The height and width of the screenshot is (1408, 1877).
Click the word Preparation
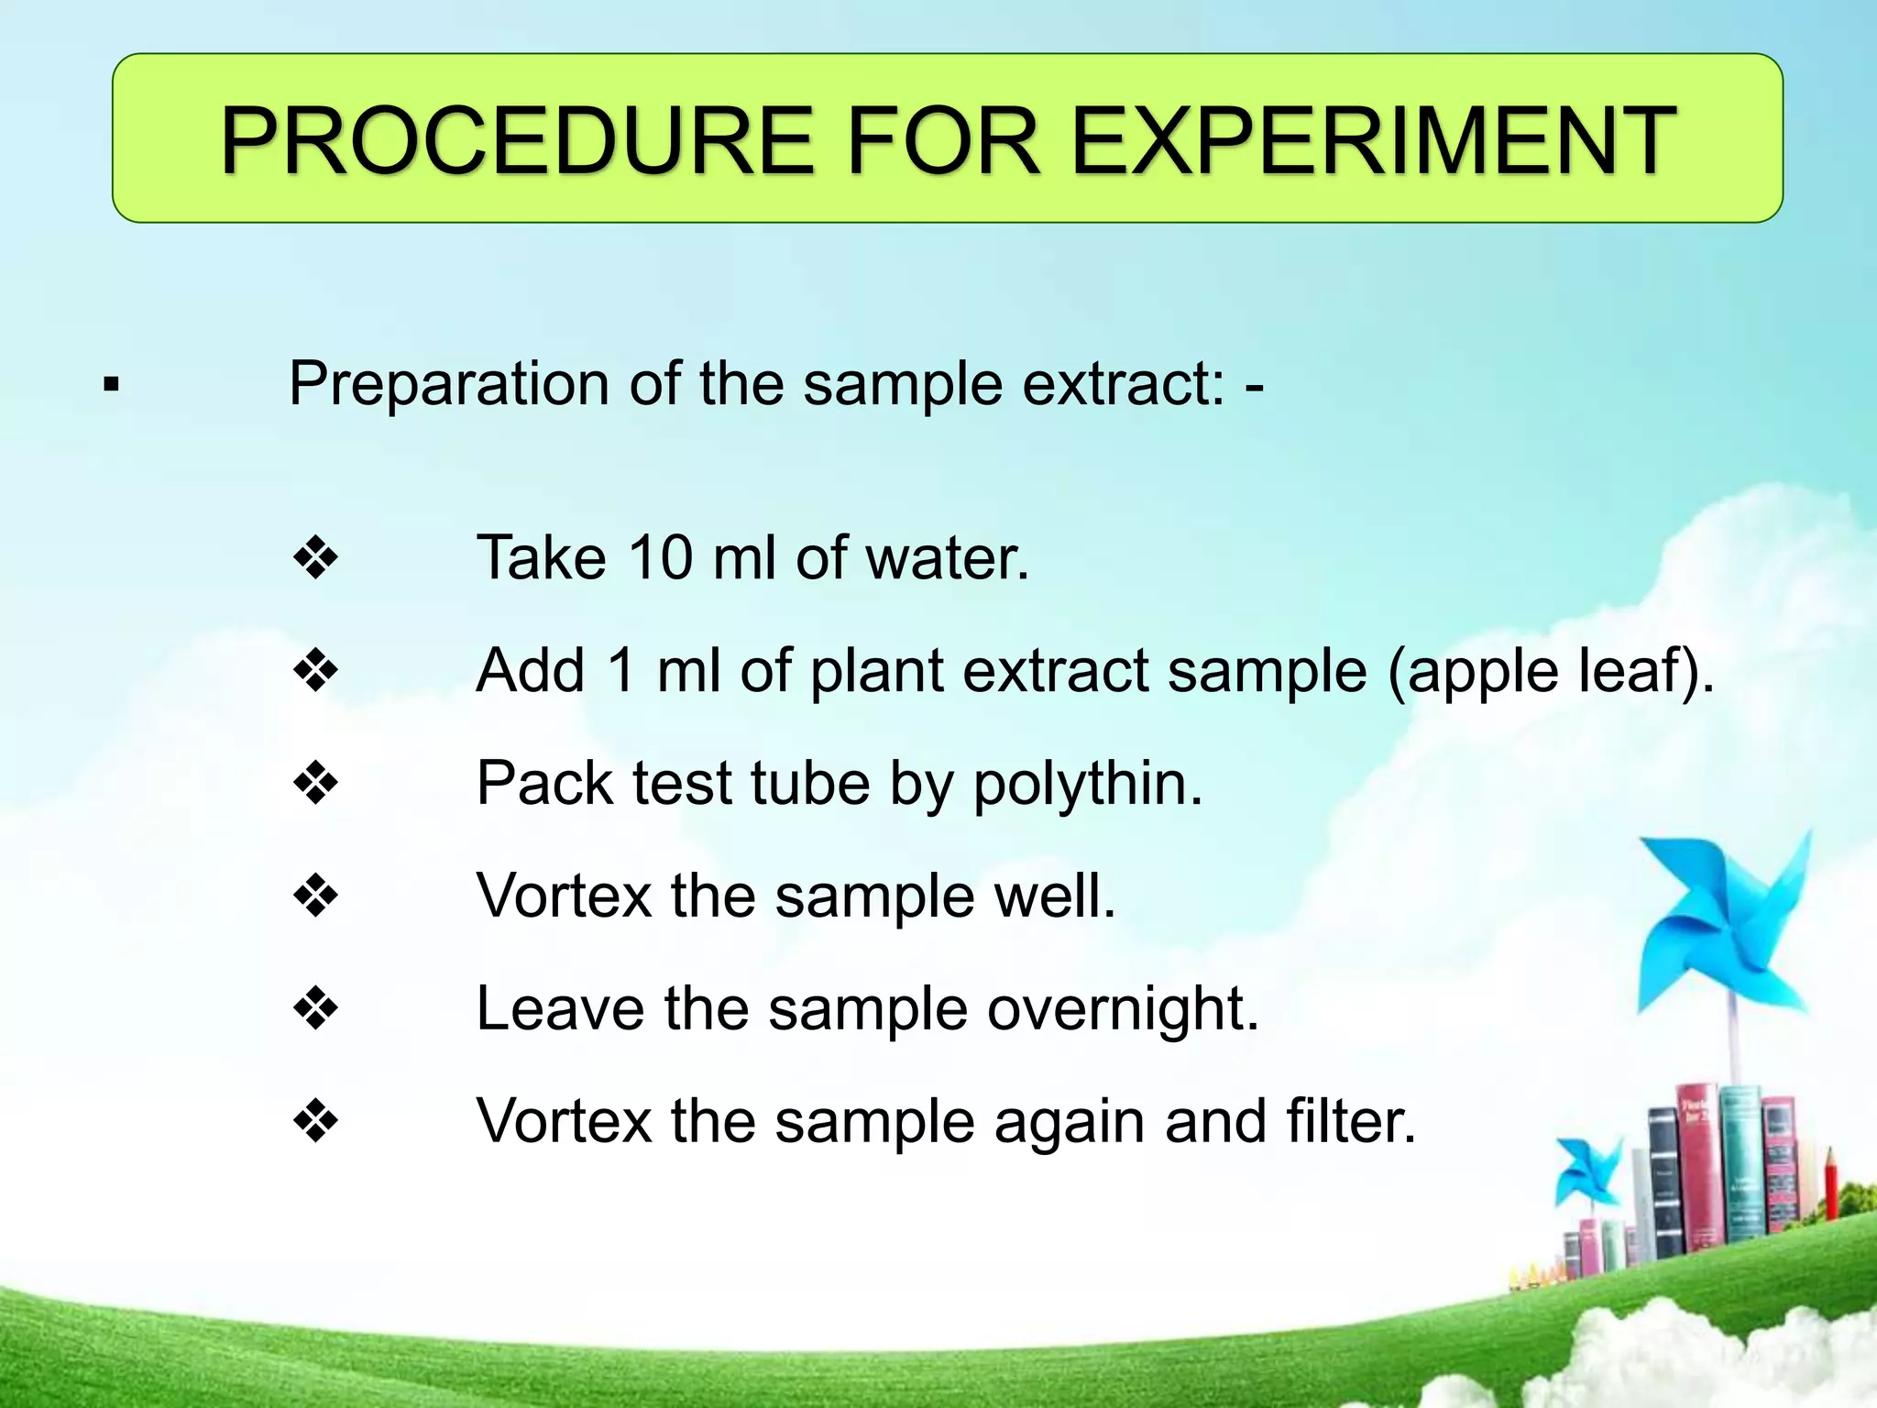(449, 384)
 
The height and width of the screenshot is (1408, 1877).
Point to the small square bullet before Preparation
(112, 384)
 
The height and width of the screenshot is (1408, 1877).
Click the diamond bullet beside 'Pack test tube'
(315, 783)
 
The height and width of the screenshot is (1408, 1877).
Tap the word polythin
(1087, 785)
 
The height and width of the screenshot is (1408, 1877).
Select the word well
(1055, 896)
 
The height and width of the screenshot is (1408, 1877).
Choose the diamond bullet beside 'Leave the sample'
(315, 1008)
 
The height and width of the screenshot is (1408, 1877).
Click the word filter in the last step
(1351, 1121)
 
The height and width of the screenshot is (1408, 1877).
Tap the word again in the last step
(1069, 1124)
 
